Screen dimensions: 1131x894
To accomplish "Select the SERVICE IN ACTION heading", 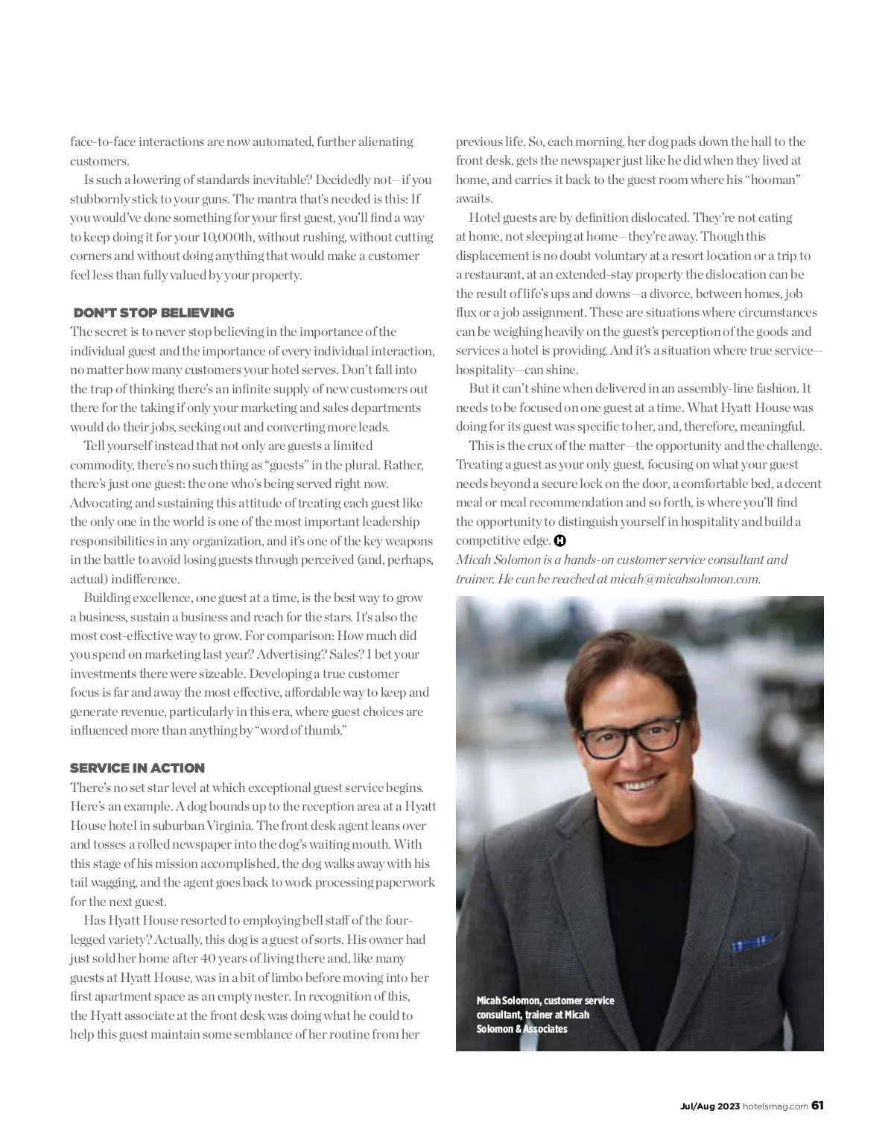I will coord(137,768).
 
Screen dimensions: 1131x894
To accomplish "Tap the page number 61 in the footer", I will coord(817,1105).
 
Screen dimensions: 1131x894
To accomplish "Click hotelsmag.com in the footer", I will coord(776,1106).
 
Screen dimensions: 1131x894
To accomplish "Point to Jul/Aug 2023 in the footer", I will coord(708,1106).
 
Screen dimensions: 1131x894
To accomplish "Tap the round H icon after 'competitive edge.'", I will coord(560,541).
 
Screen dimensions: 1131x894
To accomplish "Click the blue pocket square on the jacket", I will coord(755,942).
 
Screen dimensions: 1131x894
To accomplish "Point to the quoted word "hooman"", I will coord(771,180).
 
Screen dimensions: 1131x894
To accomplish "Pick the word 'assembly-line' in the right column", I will coord(711,389).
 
